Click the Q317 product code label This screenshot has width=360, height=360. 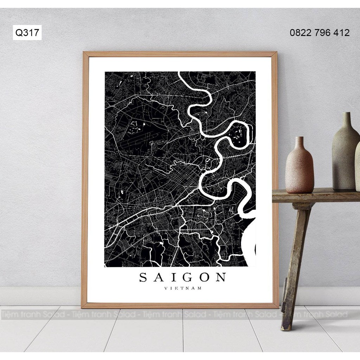coord(27,33)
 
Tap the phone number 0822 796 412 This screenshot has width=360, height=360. coord(320,33)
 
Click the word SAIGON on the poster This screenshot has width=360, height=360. coord(182,277)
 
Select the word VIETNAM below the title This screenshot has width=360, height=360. coord(183,289)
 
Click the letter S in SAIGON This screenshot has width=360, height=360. coord(143,277)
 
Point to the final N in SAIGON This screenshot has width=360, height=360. coord(220,277)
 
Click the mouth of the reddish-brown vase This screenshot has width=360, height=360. coord(299,137)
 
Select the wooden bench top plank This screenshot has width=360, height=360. coord(313,194)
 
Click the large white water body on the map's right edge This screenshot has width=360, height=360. coord(250,243)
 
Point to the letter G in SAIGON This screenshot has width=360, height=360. coord(185,277)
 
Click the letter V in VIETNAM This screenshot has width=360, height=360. coord(166,289)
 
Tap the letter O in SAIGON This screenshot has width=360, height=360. coord(202,277)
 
